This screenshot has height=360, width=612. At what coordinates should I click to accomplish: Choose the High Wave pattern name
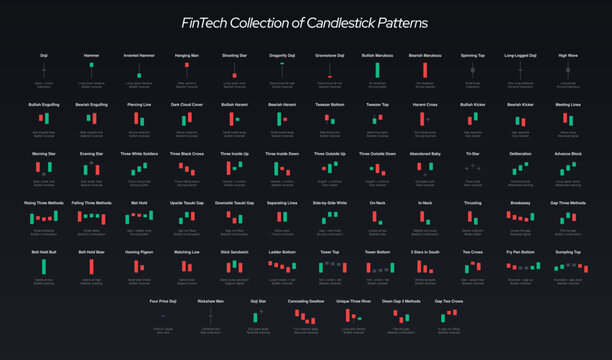click(568, 56)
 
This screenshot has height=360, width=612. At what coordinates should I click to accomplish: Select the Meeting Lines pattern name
click(568, 104)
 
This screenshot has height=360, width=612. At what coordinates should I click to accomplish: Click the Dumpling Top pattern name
click(568, 252)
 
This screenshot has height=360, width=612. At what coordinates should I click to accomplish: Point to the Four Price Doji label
click(162, 300)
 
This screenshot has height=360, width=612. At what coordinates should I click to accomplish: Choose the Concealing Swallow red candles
click(305, 314)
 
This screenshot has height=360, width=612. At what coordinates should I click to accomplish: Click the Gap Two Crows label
click(448, 300)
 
